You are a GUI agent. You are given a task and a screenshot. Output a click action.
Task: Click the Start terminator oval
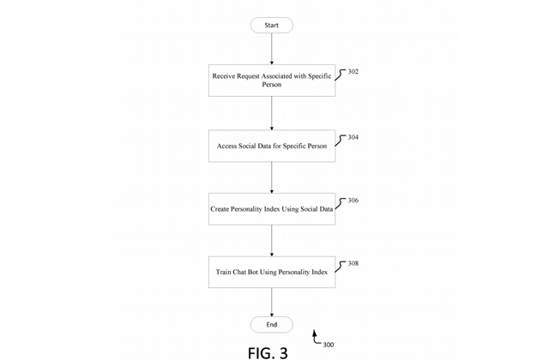point(271,26)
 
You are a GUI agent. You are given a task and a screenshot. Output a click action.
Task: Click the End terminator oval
point(271,325)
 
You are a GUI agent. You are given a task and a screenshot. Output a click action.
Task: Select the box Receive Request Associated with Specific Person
point(271,80)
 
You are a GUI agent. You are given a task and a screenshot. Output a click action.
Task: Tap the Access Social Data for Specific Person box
point(271,146)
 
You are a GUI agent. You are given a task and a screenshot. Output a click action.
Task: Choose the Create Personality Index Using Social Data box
point(271,209)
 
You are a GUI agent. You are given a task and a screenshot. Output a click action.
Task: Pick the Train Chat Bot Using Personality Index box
point(271,272)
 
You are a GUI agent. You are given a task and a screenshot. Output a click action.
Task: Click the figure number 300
point(329,345)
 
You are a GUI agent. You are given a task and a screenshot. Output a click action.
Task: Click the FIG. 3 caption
point(268,352)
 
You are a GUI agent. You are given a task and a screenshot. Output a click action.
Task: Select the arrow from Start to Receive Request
point(272,48)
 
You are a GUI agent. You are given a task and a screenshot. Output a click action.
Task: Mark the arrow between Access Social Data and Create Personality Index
point(272,177)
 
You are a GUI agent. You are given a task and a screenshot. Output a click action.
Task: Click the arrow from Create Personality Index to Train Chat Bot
point(272,240)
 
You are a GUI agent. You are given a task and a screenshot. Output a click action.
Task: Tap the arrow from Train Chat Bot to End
point(272,302)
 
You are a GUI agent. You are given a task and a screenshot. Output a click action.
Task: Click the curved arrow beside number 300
point(316,336)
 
